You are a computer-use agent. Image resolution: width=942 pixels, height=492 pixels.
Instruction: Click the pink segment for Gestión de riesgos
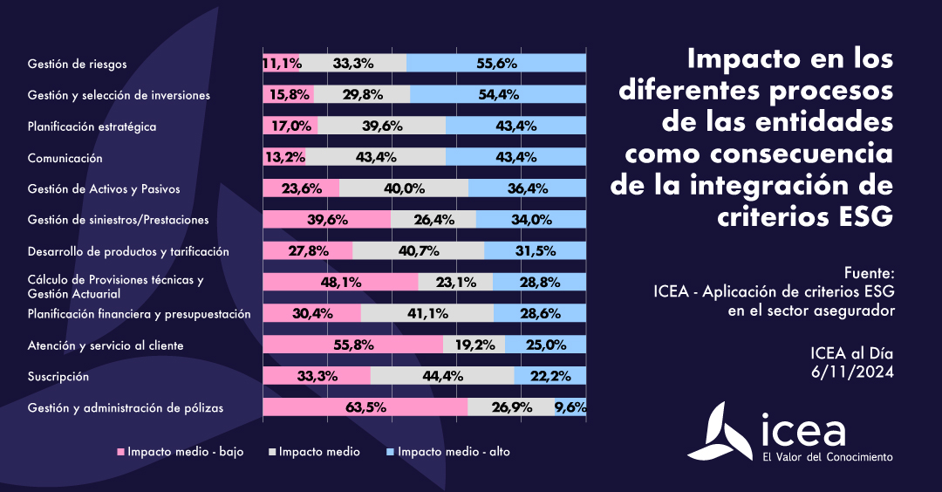(x=282, y=63)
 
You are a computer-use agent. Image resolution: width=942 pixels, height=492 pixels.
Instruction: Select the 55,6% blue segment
(x=496, y=63)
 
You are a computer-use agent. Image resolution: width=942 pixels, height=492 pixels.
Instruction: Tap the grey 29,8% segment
(x=361, y=94)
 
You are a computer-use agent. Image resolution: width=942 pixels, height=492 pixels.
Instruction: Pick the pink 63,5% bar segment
(x=365, y=407)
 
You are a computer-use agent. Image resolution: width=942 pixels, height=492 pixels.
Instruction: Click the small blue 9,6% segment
(x=570, y=407)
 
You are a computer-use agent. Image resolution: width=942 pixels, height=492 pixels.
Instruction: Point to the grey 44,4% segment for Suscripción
(x=442, y=376)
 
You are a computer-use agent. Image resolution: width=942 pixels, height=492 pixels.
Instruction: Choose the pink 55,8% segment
(x=352, y=345)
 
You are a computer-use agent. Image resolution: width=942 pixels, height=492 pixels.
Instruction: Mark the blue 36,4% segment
(x=527, y=188)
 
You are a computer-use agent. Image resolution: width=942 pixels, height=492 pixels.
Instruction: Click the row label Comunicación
(x=65, y=158)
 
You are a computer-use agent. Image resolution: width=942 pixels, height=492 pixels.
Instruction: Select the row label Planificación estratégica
(x=92, y=126)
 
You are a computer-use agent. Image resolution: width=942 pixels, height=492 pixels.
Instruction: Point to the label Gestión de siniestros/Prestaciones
(x=118, y=220)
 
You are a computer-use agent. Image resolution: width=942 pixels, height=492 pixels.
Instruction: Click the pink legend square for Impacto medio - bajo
(x=122, y=452)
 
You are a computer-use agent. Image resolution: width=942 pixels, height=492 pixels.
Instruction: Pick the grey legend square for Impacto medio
(x=273, y=452)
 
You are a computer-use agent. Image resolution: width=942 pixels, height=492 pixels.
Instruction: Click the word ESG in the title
(x=858, y=215)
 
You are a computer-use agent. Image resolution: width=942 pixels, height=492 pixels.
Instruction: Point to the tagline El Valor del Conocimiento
(x=827, y=457)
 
